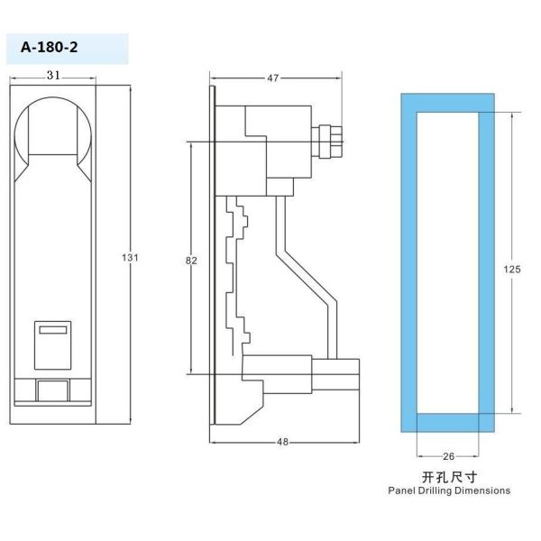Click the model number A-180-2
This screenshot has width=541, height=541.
click(x=49, y=47)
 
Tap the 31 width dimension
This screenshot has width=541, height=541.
click(x=53, y=75)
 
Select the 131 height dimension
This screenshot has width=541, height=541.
click(x=130, y=257)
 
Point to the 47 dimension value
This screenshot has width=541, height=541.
click(x=272, y=78)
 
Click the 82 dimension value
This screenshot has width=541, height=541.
click(x=191, y=261)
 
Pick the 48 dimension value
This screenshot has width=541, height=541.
click(x=282, y=442)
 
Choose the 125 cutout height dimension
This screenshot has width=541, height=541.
click(x=511, y=269)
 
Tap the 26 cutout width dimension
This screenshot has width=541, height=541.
click(x=448, y=456)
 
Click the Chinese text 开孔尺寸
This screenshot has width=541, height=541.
click(x=449, y=477)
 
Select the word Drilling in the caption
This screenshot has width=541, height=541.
click(x=435, y=491)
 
